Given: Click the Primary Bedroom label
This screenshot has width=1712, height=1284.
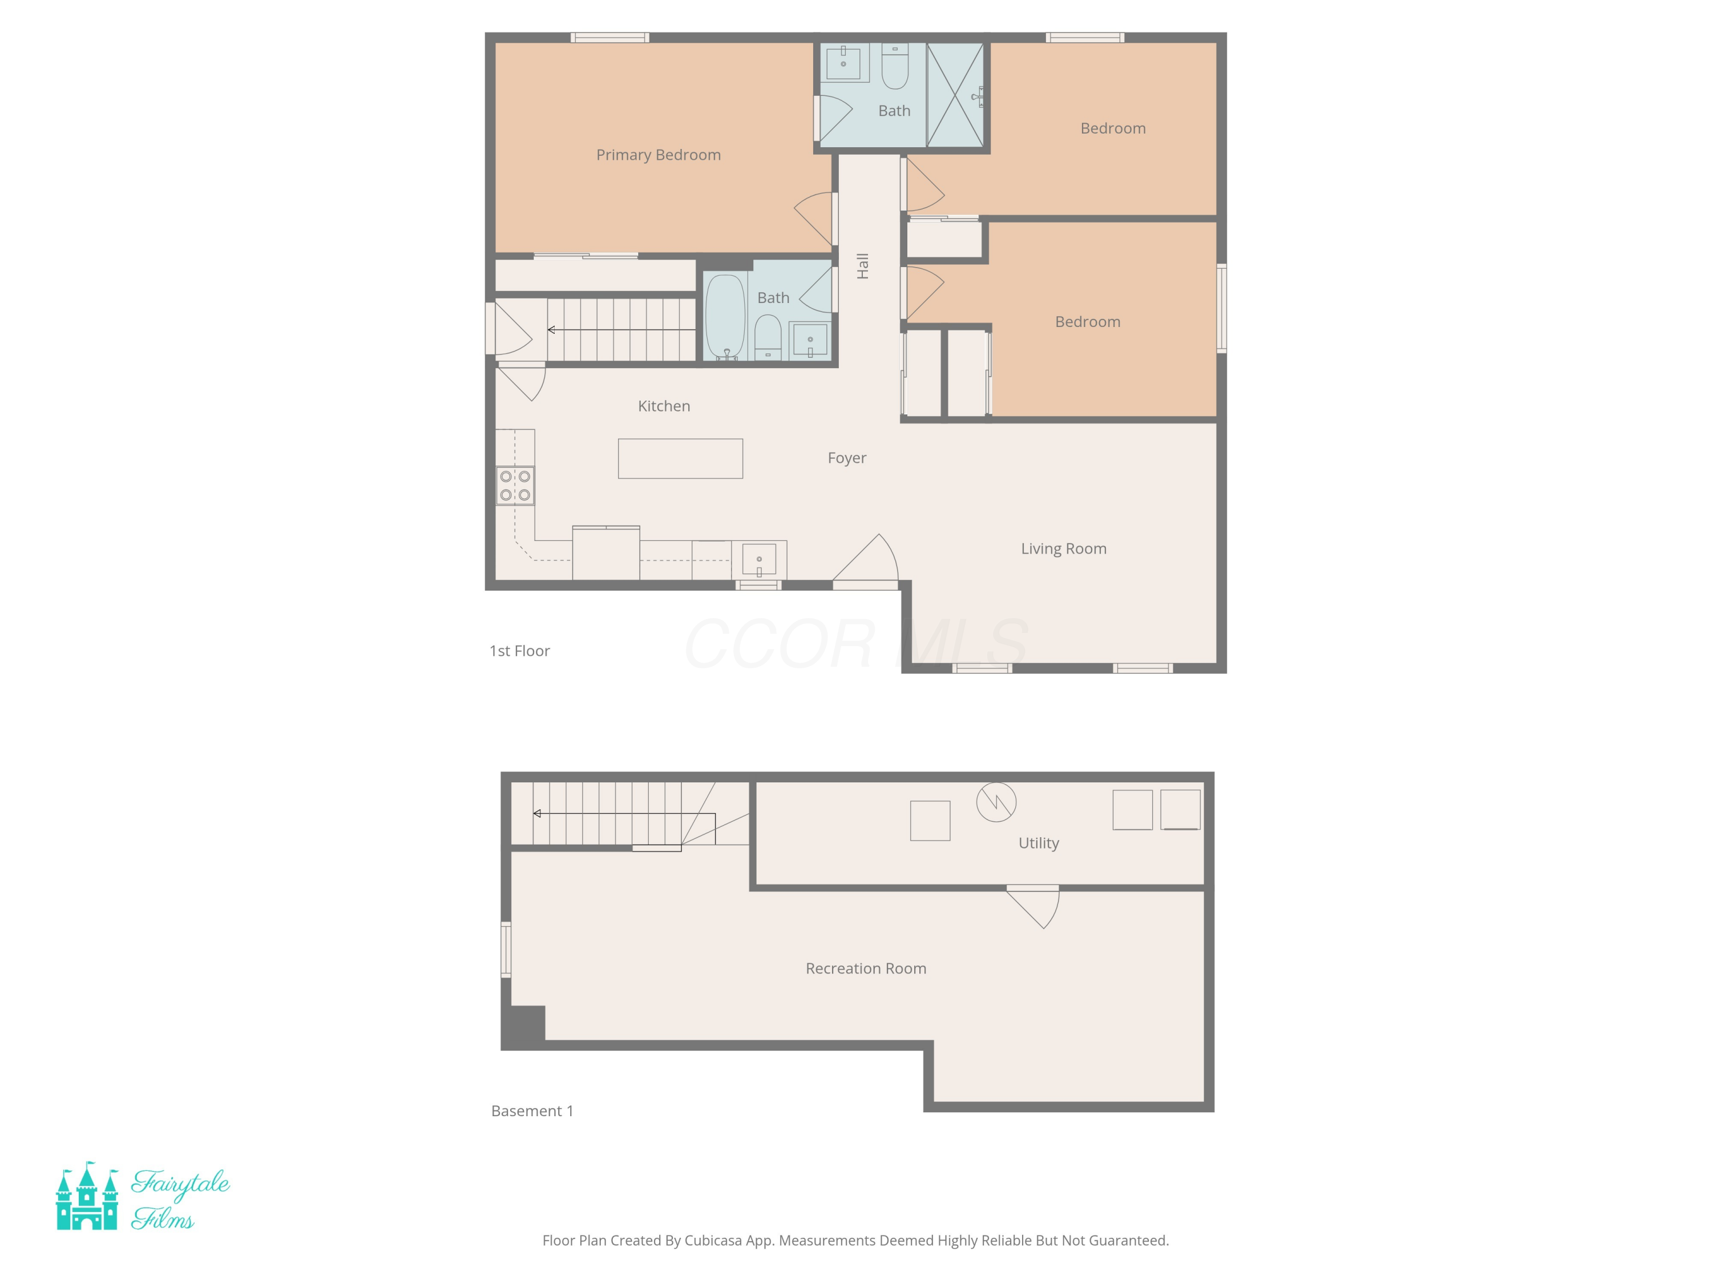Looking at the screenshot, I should (x=658, y=155).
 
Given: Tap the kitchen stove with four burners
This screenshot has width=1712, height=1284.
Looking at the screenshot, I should (x=515, y=485).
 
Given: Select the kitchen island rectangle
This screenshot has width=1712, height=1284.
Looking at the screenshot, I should (x=680, y=458).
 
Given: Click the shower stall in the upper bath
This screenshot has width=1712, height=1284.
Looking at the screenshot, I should (x=955, y=95).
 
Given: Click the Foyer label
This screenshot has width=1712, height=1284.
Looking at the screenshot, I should (x=847, y=458).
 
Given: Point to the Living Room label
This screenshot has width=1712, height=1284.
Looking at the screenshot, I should (x=1063, y=549).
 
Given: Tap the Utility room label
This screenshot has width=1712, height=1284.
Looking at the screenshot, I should (x=1038, y=843).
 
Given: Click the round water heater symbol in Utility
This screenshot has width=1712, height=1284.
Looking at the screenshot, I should (x=995, y=802).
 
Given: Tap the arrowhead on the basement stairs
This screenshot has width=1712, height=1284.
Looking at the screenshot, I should (x=537, y=813).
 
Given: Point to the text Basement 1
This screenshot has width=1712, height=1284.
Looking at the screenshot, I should (x=532, y=1111).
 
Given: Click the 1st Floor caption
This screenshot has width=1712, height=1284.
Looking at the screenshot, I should (x=519, y=651).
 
